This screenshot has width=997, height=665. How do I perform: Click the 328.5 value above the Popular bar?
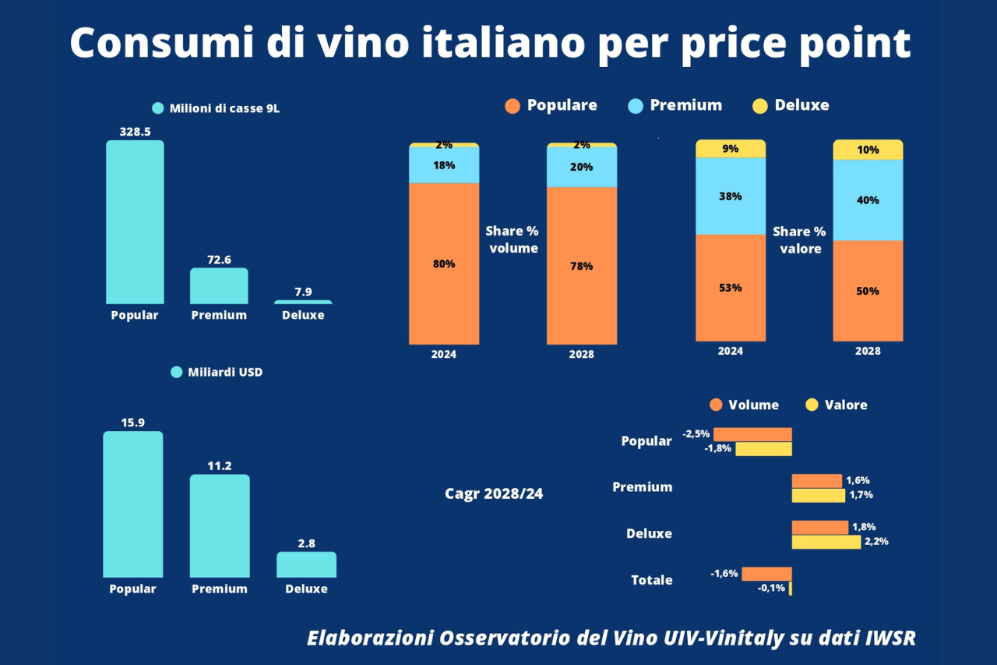135,132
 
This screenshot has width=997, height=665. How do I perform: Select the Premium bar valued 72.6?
219,286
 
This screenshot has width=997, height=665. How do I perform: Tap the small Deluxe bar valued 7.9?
303,302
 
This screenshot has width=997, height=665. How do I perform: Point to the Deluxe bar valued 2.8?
306,564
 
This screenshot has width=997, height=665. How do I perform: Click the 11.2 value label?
220,466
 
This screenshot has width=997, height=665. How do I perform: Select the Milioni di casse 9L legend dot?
158,108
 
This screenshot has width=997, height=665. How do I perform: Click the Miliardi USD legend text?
225,372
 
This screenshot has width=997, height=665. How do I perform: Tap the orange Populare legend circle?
512,106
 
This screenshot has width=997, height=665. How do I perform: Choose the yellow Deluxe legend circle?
760,106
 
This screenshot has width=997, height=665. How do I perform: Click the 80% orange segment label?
444,264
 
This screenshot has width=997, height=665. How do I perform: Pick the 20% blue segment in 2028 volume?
581,167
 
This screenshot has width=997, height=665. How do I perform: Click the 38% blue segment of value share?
731,196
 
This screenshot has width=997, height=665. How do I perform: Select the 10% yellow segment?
868,149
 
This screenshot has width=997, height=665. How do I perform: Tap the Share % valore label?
799,240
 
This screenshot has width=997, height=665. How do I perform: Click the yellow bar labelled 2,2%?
826,542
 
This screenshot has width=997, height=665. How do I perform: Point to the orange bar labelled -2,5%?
752,434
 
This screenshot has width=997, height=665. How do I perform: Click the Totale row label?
652,580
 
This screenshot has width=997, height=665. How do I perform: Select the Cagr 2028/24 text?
494,493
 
